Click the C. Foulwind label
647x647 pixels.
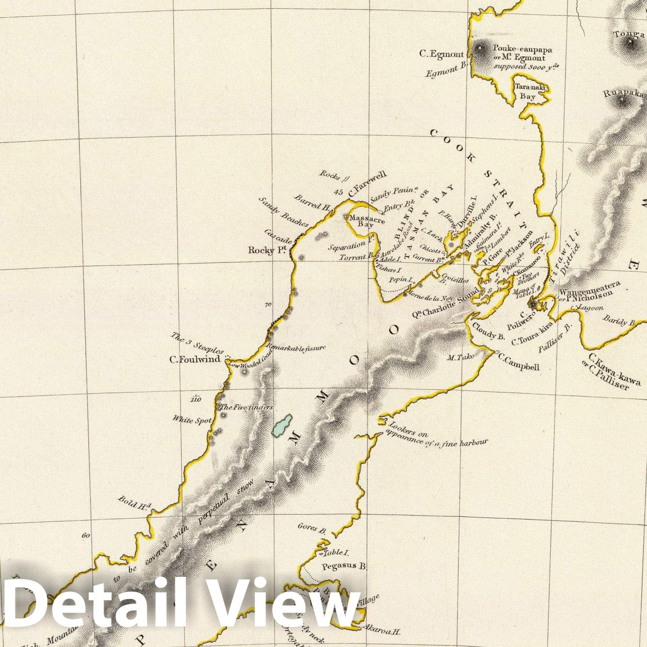click(194, 359)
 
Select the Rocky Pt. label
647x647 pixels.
click(268, 250)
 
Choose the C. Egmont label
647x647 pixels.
click(442, 54)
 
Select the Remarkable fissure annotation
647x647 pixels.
click(296, 347)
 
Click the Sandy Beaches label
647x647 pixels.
click(284, 212)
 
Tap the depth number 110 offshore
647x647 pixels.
click(196, 399)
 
